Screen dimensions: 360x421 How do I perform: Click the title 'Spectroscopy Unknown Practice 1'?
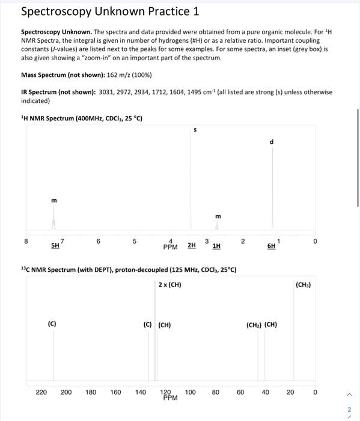[x=110, y=11]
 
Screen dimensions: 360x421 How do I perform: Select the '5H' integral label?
[x=55, y=245]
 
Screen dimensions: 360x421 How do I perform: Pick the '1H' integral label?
[x=216, y=245]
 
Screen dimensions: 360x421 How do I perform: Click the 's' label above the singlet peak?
[x=194, y=129]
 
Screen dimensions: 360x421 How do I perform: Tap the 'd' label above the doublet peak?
[x=272, y=142]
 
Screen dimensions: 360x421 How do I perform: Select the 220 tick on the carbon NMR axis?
[x=41, y=392]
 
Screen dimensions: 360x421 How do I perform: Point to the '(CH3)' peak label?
[x=304, y=284]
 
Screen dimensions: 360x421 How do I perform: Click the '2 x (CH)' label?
[x=169, y=284]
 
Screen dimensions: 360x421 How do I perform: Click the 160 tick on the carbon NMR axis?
[x=115, y=392]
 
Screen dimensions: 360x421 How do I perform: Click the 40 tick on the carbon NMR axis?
[x=265, y=392]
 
